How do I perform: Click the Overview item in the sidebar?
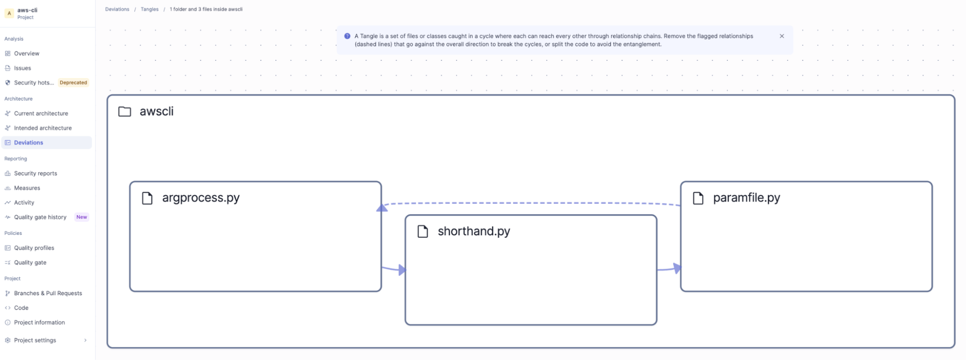[x=27, y=54]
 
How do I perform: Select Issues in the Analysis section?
[x=22, y=68]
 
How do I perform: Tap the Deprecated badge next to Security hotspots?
[x=73, y=83]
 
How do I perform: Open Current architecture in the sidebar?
[x=41, y=114]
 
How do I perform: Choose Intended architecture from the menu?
[x=43, y=128]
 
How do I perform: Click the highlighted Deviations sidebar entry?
[x=29, y=143]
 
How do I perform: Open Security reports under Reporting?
[x=35, y=173]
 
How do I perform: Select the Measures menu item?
[x=27, y=188]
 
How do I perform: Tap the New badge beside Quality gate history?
[x=82, y=217]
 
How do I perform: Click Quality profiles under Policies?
[x=34, y=248]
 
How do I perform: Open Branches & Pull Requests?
[x=48, y=293]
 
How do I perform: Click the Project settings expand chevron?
[x=86, y=340]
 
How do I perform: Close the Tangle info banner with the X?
[x=782, y=36]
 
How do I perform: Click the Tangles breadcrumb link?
[x=150, y=9]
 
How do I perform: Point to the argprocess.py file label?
[x=201, y=198]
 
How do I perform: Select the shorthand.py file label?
[x=474, y=231]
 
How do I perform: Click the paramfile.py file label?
[x=747, y=198]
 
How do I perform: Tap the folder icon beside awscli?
[x=125, y=112]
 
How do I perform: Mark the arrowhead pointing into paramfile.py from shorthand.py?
[x=678, y=268]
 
